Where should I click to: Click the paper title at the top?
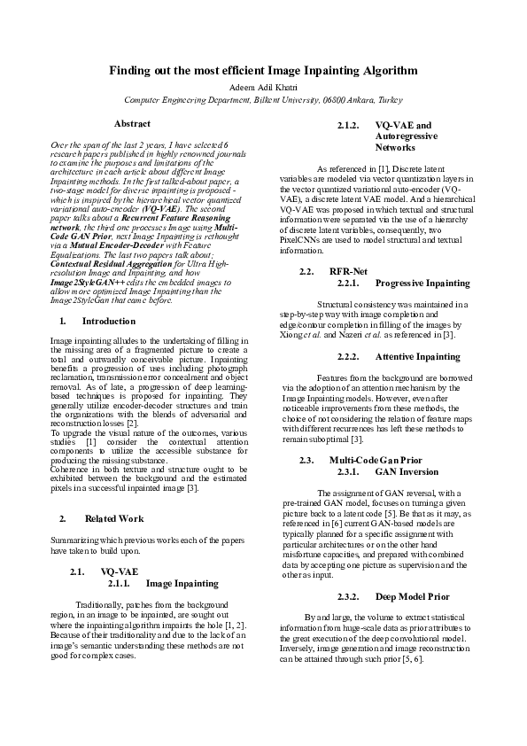[263, 70]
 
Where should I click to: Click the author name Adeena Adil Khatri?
[263, 88]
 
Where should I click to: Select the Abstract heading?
[132, 124]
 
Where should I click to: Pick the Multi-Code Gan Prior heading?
[376, 460]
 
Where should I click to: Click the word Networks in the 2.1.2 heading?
[394, 149]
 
